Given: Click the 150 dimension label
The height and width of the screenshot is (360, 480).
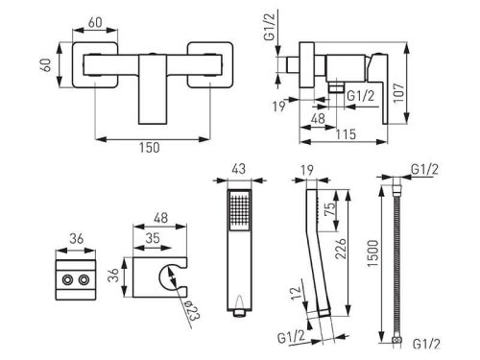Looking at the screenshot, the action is coord(149,148).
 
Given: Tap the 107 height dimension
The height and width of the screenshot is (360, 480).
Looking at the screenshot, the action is coord(398,93).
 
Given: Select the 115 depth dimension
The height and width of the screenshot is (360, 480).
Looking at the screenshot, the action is coord(346,134).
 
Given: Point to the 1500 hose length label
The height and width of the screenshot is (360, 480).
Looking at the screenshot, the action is coord(373,253).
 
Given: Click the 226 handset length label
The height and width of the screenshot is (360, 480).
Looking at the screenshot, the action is coord(341,249).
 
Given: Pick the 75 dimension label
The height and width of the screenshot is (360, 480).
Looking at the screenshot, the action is coord(329,208).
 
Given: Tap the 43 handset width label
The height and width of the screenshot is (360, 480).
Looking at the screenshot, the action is coord(239,169).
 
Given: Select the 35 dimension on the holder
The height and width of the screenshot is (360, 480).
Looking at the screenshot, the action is coord(153,238).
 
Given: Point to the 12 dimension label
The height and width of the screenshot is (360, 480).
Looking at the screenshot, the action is coord(297,292).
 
